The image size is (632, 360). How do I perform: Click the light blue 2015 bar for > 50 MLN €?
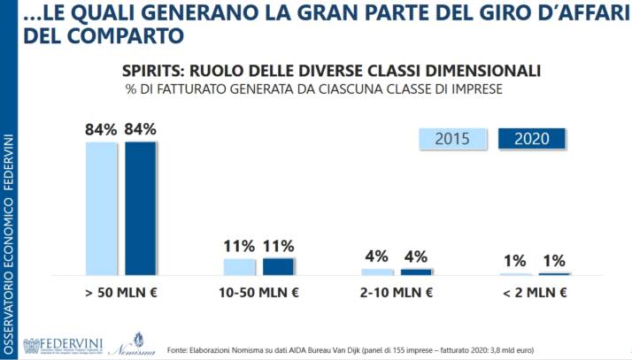coord(101,208)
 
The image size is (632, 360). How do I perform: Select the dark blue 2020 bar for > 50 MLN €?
coord(140,208)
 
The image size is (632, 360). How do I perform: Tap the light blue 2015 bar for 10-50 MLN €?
coord(239,266)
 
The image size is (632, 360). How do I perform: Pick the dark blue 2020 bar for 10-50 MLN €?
coord(278,266)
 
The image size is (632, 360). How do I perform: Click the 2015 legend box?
coord(451,139)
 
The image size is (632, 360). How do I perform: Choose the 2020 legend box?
coord(532,139)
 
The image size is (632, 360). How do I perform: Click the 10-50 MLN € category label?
coord(258,293)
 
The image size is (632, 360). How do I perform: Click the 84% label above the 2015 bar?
coord(101,129)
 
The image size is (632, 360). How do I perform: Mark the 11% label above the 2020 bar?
coord(278,246)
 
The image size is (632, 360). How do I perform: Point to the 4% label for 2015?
coord(376,257)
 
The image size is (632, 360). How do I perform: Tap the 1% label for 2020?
coord(554,261)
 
